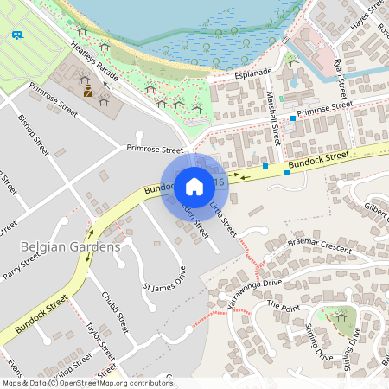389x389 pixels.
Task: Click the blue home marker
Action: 194,186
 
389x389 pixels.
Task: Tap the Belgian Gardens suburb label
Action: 69,248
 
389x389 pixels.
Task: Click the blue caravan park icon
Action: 17,35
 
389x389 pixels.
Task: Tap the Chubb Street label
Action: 115,312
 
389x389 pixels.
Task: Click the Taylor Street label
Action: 100,341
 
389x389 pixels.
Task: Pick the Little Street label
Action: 223,218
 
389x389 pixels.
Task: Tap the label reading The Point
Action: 282,305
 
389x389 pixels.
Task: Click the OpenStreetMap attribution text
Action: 87,382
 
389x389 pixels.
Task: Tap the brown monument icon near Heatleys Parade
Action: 87,88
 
